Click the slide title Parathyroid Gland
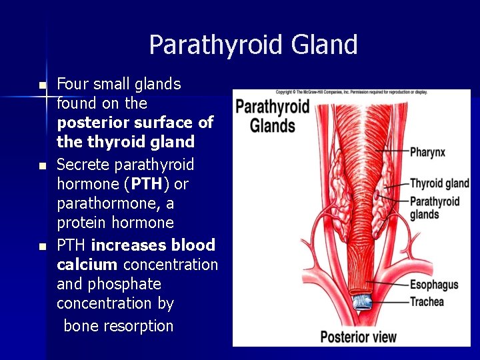pos(253,45)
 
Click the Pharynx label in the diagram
pos(427,152)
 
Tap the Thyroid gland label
pos(439,183)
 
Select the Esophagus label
pos(434,285)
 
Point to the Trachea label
pos(427,301)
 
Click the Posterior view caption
pos(358,337)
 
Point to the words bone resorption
pos(119,326)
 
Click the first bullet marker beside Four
pos(43,85)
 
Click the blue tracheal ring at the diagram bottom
pos(363,302)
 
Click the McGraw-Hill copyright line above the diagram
pos(351,91)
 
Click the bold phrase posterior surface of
pos(135,123)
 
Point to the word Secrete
pos(83,165)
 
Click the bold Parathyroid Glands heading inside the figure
pos(273,116)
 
